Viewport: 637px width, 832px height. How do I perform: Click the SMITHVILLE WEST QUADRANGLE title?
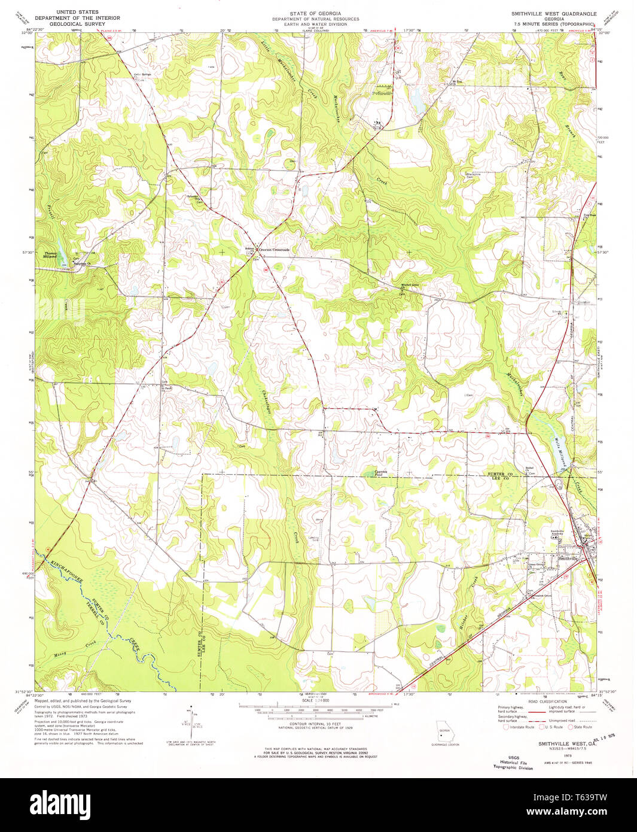pos(553,13)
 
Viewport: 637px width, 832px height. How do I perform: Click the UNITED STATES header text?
pos(77,12)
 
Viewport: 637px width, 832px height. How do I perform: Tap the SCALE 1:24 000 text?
pos(315,717)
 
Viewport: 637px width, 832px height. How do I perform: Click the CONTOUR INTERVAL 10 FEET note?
pos(315,724)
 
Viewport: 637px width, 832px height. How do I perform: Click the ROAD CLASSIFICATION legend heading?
pos(547,701)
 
